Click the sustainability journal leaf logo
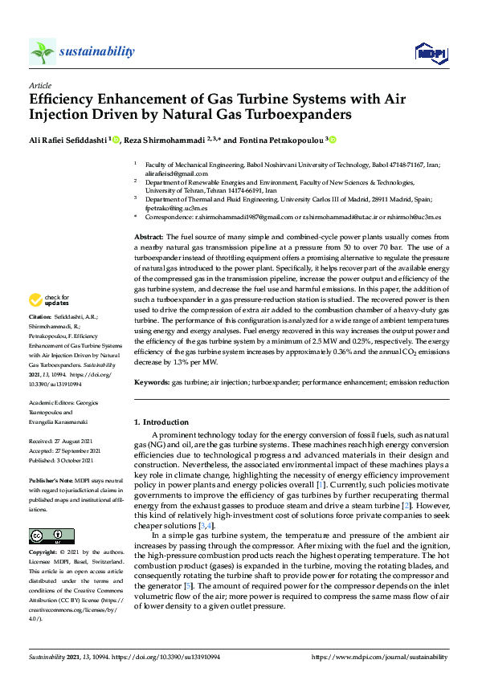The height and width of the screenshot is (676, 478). [43, 52]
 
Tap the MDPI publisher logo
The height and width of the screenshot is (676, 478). [430, 53]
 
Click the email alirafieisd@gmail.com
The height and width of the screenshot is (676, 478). [176, 173]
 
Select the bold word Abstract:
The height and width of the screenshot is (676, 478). [149, 238]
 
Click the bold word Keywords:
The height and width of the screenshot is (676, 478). [152, 383]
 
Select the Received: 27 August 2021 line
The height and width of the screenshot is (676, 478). [63, 442]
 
